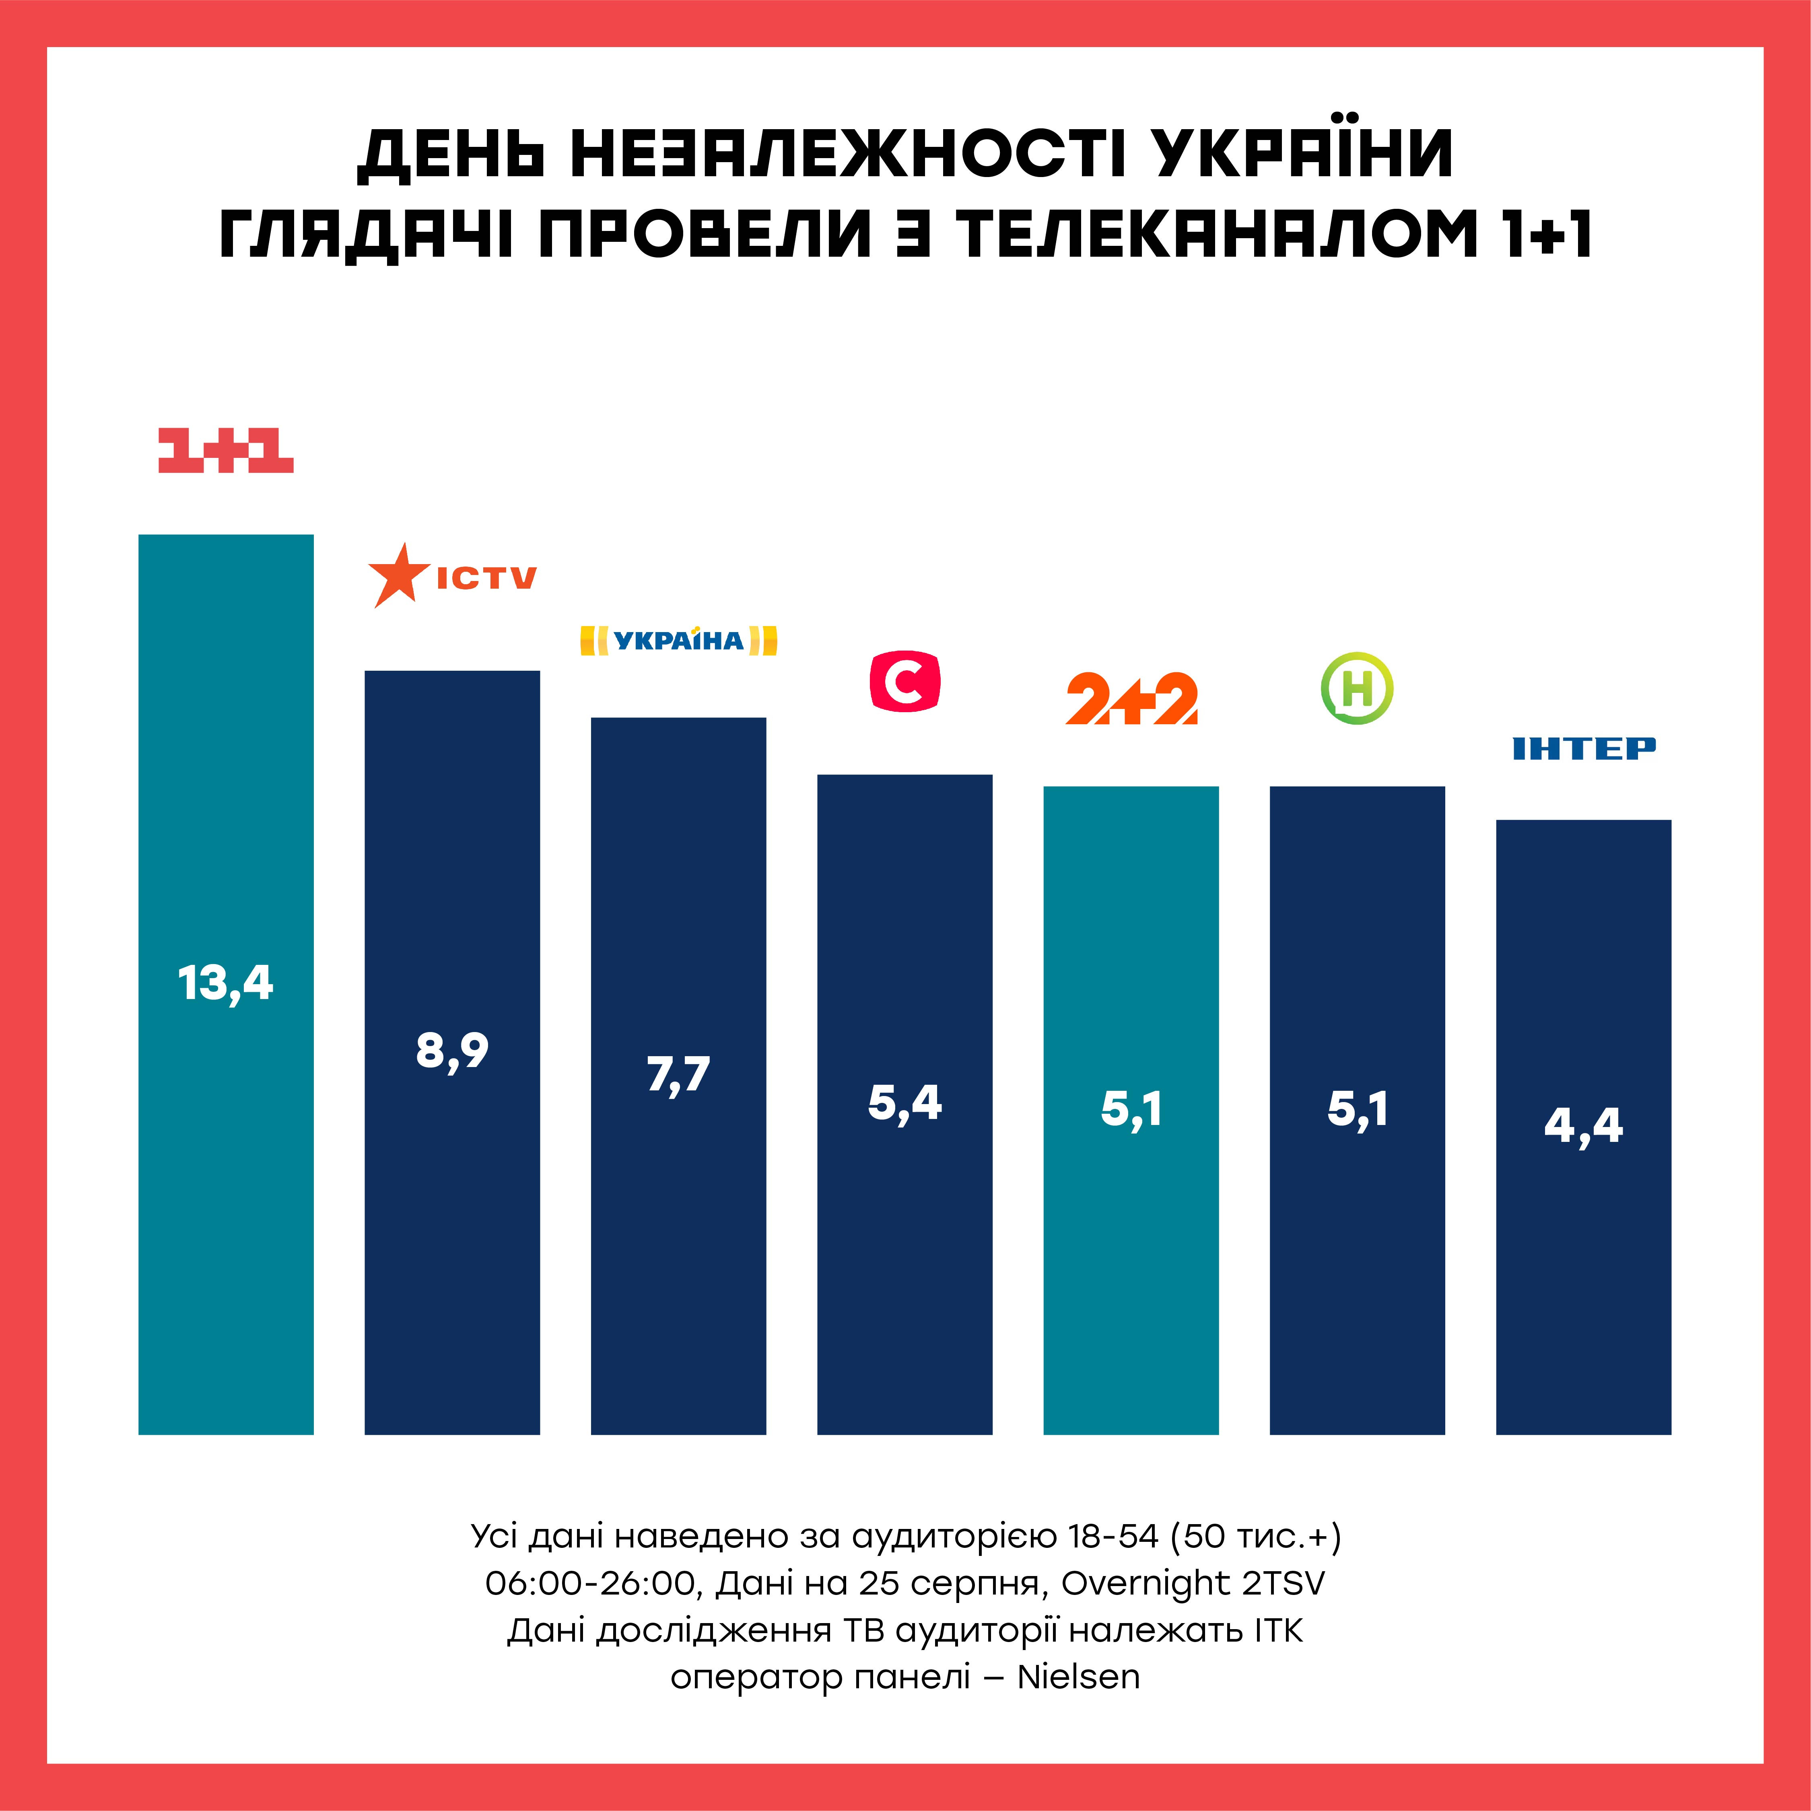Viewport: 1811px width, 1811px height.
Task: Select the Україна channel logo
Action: pyautogui.click(x=679, y=640)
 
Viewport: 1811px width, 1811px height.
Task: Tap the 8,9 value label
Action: pyautogui.click(x=452, y=1050)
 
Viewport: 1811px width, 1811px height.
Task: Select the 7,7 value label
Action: pyautogui.click(x=679, y=1074)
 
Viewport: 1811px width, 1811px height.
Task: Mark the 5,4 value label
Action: pyautogui.click(x=904, y=1102)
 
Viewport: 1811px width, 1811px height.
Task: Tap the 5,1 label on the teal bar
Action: pyautogui.click(x=1131, y=1109)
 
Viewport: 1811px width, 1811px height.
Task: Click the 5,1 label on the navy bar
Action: pyautogui.click(x=1357, y=1109)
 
